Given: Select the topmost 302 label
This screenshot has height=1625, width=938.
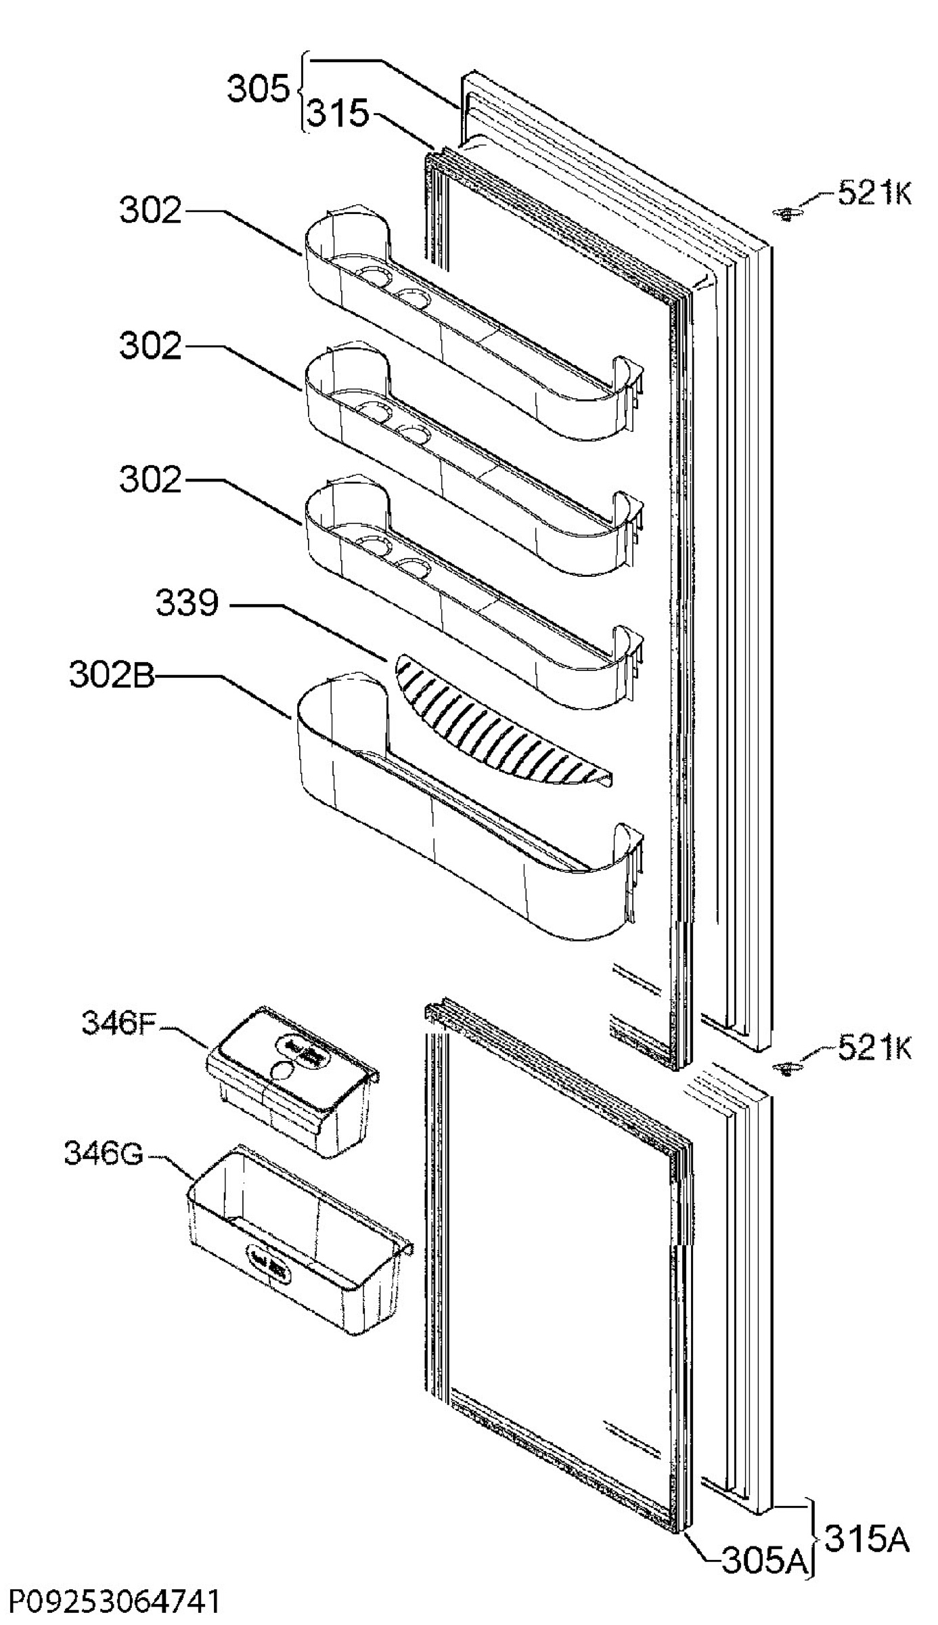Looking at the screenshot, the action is click(151, 211).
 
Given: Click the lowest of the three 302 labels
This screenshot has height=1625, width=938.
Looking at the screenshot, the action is click(151, 480).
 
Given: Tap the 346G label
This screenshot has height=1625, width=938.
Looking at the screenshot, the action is click(104, 1154).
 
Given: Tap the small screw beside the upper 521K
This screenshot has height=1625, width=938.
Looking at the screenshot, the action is click(786, 215).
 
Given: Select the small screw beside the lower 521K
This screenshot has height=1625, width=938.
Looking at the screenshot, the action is click(786, 1069).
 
